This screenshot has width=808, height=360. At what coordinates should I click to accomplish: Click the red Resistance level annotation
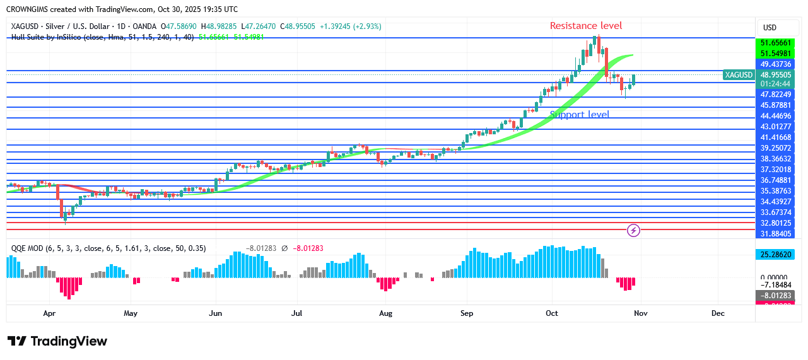(586, 26)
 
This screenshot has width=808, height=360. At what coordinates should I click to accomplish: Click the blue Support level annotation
(580, 115)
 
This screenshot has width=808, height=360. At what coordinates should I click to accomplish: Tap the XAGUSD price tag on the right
(739, 75)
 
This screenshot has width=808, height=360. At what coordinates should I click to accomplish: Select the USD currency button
(770, 28)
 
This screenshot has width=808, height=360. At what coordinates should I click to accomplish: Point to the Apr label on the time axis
(50, 313)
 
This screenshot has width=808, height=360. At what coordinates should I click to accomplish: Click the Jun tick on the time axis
(215, 313)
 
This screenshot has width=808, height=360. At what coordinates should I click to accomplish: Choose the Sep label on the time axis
(467, 313)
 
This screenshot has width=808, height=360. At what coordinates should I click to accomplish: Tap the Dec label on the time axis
(718, 313)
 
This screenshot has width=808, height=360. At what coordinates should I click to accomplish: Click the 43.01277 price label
(779, 127)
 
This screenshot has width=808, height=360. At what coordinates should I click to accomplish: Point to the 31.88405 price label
(779, 234)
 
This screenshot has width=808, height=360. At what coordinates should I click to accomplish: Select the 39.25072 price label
(779, 148)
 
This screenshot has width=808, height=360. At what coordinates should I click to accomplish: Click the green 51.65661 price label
(779, 43)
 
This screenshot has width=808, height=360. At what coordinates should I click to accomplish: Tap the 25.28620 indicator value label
(779, 255)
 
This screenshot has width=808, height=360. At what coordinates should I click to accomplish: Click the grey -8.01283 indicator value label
(779, 295)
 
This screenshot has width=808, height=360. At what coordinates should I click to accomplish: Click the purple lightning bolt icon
(634, 231)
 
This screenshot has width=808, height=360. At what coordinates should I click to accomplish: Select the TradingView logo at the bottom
(57, 341)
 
